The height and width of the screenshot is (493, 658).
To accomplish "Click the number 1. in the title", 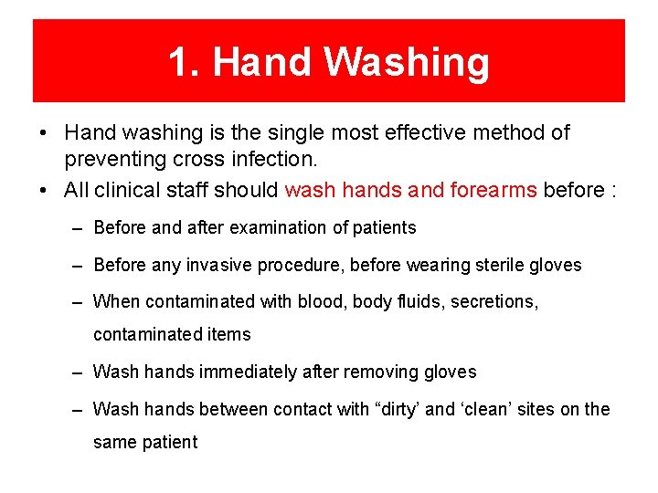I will pyautogui.click(x=186, y=62).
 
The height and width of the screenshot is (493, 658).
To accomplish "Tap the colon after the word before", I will pyautogui.click(x=613, y=191).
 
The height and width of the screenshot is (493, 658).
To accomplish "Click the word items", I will pyautogui.click(x=228, y=334).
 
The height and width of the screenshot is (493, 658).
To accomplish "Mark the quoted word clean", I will pyautogui.click(x=486, y=409).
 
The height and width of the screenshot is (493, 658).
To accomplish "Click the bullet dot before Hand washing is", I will pyautogui.click(x=44, y=133).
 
